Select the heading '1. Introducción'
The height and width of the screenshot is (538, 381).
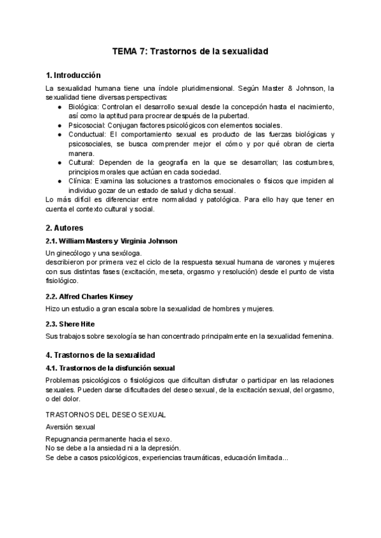[74, 75]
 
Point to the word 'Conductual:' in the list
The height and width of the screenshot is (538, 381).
[88, 134]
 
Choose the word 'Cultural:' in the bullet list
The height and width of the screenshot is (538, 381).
[83, 162]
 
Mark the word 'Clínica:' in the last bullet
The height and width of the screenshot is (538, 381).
[82, 181]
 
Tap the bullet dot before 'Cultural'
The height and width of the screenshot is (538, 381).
[60, 162]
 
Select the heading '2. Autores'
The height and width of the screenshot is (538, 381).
[65, 227]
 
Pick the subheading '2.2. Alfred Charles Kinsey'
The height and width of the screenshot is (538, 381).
[89, 296]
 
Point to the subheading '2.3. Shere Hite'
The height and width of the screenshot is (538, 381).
[69, 323]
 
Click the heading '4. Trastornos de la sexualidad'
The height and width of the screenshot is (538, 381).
[100, 355]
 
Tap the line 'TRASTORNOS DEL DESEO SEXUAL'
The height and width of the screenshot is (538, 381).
[106, 414]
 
